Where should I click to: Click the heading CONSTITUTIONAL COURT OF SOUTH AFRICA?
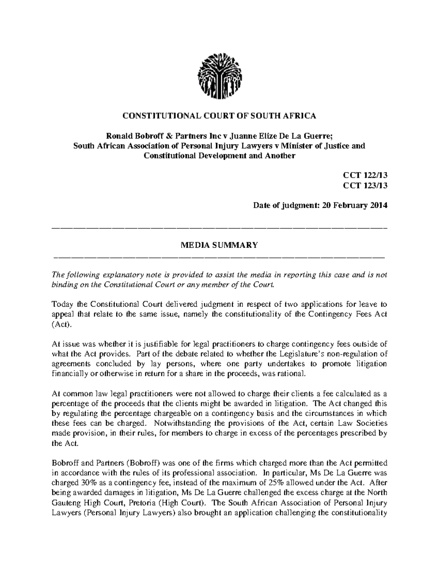219,116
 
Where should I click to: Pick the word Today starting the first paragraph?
61,305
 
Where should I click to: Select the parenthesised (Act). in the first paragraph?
60,325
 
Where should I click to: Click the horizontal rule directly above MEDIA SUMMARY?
219,229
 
